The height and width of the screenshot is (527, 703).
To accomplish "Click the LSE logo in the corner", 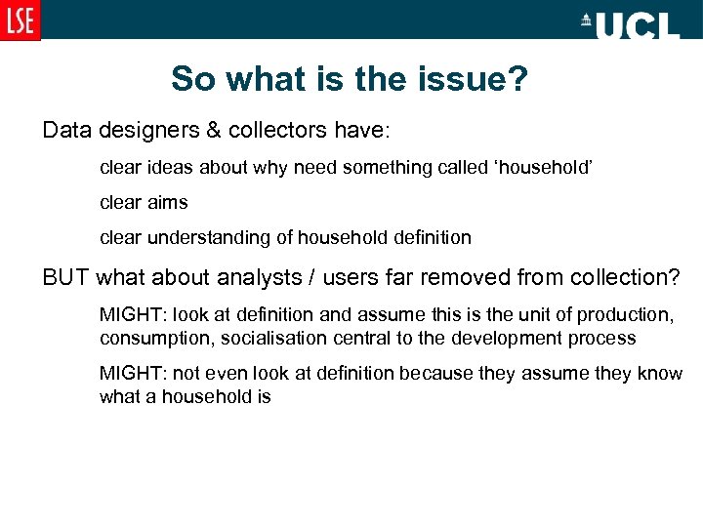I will [x=20, y=20].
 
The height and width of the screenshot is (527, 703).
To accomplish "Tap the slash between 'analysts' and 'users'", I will [x=311, y=278].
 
